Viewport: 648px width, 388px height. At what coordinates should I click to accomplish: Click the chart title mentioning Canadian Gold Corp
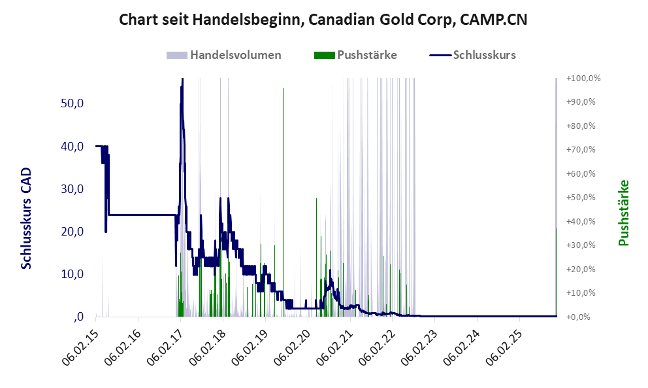pos(323,20)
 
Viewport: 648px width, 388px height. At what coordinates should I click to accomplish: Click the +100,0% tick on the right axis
pos(584,79)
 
